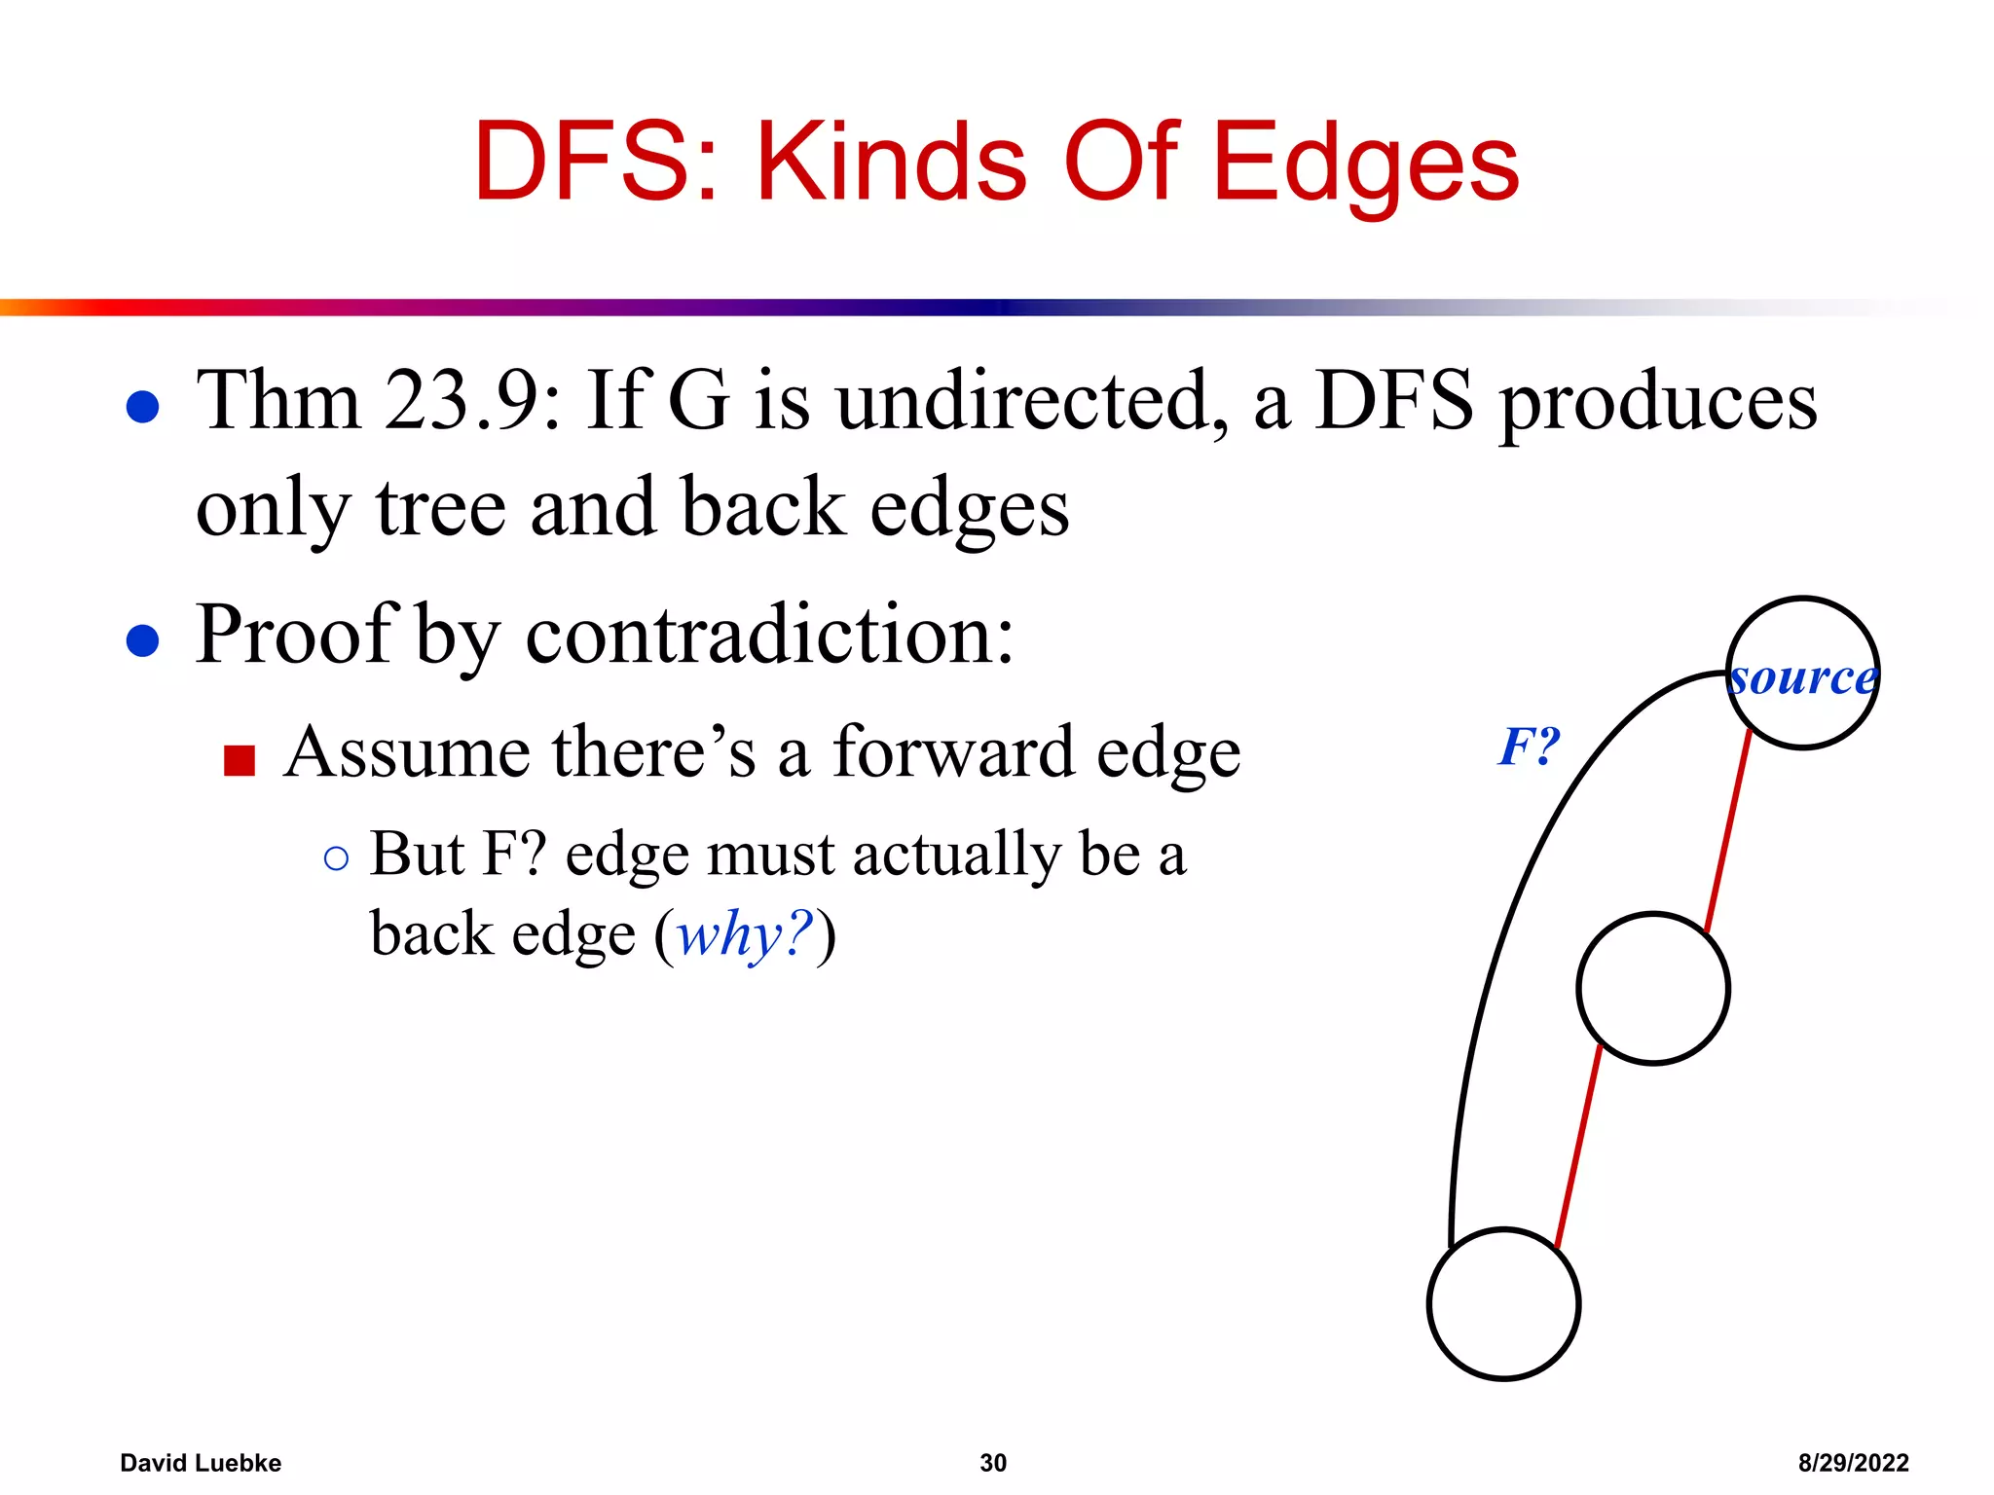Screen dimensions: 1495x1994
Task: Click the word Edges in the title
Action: coord(1365,164)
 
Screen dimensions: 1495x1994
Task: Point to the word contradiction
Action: coord(769,635)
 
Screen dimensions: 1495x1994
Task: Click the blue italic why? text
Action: coord(745,934)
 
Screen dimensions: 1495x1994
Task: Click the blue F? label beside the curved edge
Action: coord(1529,747)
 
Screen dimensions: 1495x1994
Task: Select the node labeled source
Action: coord(1802,675)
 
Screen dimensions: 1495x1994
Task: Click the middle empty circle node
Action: coord(1652,989)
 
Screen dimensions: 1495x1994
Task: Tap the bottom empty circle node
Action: coord(1503,1304)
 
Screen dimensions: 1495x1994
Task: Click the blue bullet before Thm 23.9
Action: coord(143,407)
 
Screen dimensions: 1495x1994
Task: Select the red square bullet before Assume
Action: coord(239,760)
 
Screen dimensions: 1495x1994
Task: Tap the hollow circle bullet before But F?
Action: coord(336,858)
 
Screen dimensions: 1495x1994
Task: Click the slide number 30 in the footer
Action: coord(992,1463)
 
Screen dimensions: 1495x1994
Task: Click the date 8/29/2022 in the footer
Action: coord(1853,1463)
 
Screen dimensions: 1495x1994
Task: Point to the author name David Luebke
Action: coord(201,1463)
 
